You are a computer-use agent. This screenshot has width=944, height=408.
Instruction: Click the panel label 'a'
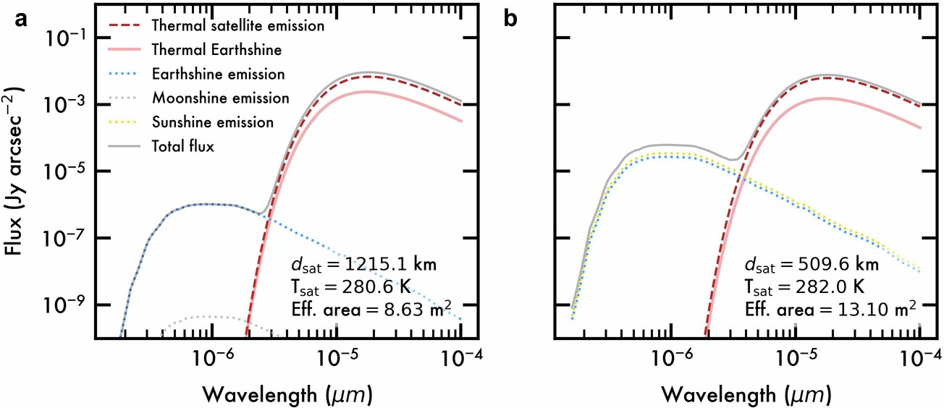click(22, 20)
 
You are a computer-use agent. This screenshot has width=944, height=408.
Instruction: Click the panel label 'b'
click(511, 20)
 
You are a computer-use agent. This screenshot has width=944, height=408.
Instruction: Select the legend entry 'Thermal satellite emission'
click(237, 25)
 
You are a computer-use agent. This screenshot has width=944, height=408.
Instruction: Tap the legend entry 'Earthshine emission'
click(218, 74)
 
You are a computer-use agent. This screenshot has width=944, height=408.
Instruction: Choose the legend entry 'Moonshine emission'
click(220, 98)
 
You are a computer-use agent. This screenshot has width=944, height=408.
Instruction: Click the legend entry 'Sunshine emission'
click(213, 122)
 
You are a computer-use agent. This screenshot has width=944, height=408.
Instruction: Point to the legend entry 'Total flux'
click(183, 145)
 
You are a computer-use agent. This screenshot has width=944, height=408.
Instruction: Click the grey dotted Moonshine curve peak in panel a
click(211, 316)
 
